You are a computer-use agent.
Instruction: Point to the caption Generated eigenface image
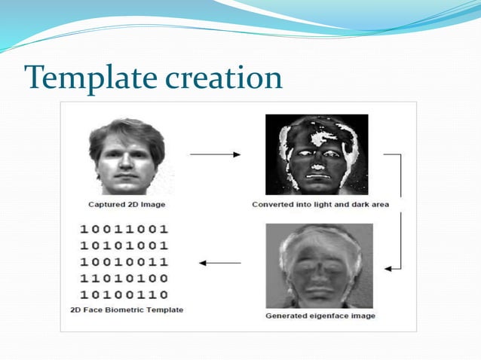(x=320, y=316)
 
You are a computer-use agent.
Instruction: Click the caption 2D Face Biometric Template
(x=126, y=310)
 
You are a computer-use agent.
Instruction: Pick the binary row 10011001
(x=124, y=229)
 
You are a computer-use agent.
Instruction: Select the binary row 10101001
(x=124, y=246)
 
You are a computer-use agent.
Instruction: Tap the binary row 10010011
(x=124, y=262)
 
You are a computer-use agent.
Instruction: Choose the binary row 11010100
(x=124, y=279)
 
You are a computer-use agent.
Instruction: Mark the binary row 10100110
(x=124, y=294)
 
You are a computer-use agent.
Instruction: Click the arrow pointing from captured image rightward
(x=215, y=154)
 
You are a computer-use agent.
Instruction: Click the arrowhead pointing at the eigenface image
(x=388, y=268)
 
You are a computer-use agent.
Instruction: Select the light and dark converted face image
(x=317, y=154)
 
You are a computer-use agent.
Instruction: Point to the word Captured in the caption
(x=106, y=204)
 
